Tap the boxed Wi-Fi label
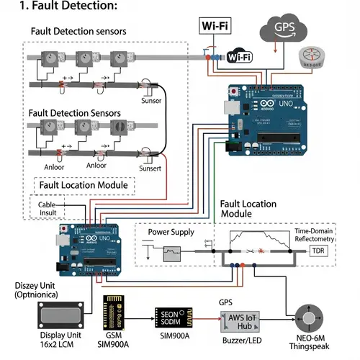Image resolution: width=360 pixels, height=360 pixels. coord(216,27)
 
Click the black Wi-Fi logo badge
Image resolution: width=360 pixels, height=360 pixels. coord(239,57)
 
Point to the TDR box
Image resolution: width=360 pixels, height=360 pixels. coord(318,251)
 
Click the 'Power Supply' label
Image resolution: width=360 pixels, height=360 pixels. coord(171,233)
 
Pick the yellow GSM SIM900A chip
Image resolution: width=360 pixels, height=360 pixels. coord(117,311)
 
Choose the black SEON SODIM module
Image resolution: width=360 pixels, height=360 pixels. coord(174,316)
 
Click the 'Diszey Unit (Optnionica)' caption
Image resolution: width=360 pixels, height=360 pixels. coord(45,289)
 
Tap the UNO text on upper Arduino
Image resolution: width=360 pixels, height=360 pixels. coord(286,104)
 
